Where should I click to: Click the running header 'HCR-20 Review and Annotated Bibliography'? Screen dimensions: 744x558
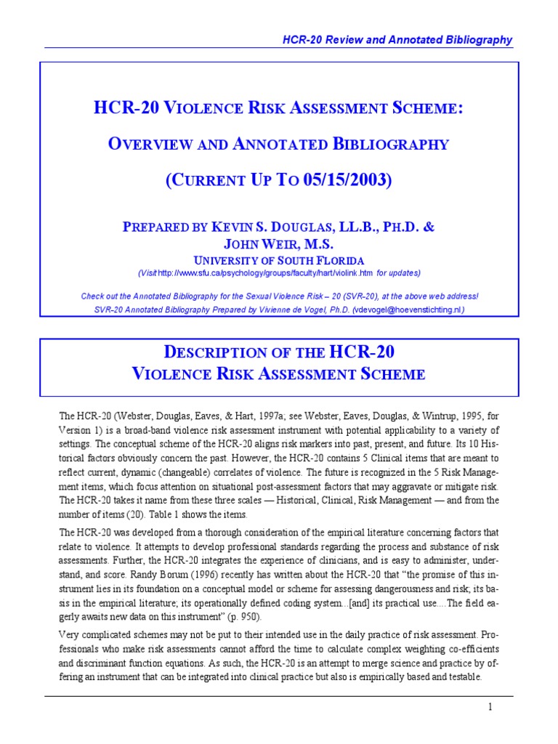397,40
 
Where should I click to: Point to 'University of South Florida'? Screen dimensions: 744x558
279,259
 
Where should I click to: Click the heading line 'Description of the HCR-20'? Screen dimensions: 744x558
279,352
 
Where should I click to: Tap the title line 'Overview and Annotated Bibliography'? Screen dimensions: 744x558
279,143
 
